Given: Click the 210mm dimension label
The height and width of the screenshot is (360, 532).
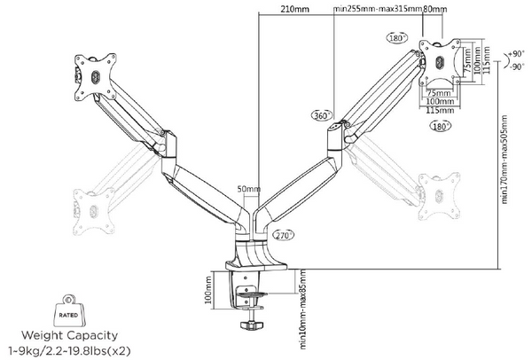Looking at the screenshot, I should pos(293,10).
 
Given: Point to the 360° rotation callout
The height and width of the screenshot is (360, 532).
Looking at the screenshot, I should pos(320,115).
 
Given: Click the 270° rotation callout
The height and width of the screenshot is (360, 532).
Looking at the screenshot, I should pos(284,236).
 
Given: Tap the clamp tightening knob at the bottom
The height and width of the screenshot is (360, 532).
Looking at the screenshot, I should pos(248,326).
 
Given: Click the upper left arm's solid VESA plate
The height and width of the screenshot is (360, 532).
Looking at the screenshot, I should pos(96,72).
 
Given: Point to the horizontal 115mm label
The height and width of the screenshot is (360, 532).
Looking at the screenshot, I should pos(436,112).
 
